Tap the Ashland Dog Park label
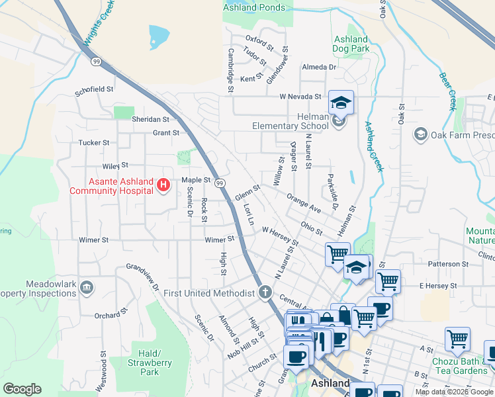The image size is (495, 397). pyautogui.click(x=351, y=44)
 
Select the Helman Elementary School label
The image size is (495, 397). pyautogui.click(x=290, y=121)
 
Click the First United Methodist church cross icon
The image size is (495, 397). pyautogui.click(x=265, y=292)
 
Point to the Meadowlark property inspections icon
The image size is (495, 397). pyautogui.click(x=87, y=288)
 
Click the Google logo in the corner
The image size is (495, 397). pyautogui.click(x=22, y=388)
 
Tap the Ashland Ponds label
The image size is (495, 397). pyautogui.click(x=254, y=8)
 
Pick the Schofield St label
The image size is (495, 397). pyautogui.click(x=95, y=89)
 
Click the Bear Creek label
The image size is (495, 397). pyautogui.click(x=449, y=90)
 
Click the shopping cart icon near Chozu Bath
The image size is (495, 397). pyautogui.click(x=457, y=339)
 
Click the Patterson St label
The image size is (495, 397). pyautogui.click(x=448, y=263)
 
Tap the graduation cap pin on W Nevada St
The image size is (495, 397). pyautogui.click(x=341, y=103)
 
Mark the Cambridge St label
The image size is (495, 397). pyautogui.click(x=231, y=69)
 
